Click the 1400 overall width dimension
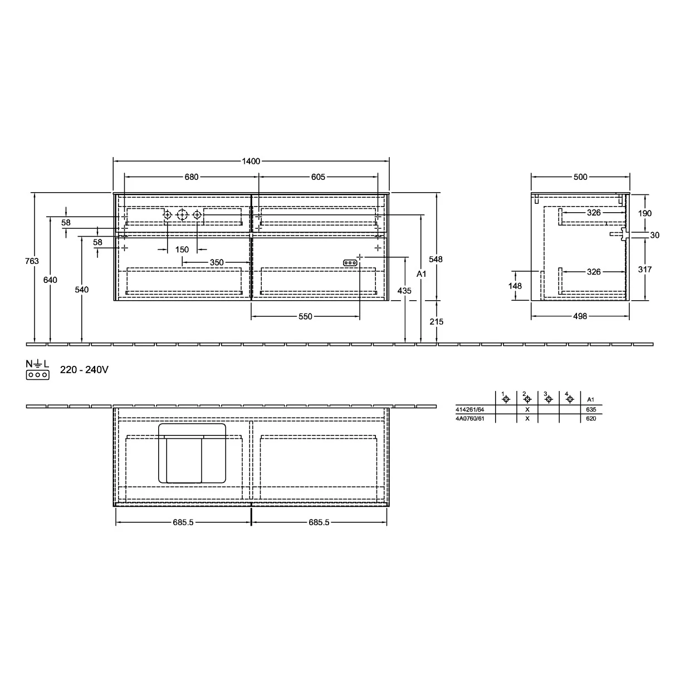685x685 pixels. click(x=251, y=162)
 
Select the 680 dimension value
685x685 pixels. click(x=191, y=177)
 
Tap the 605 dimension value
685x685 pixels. click(x=318, y=177)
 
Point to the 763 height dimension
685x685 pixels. click(x=32, y=261)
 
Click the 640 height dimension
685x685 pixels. click(x=50, y=280)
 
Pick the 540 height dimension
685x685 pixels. click(x=81, y=290)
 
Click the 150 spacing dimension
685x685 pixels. click(x=182, y=249)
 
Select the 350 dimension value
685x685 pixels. click(x=217, y=262)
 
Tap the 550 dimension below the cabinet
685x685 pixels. click(x=305, y=316)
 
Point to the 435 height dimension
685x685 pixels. click(x=404, y=291)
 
